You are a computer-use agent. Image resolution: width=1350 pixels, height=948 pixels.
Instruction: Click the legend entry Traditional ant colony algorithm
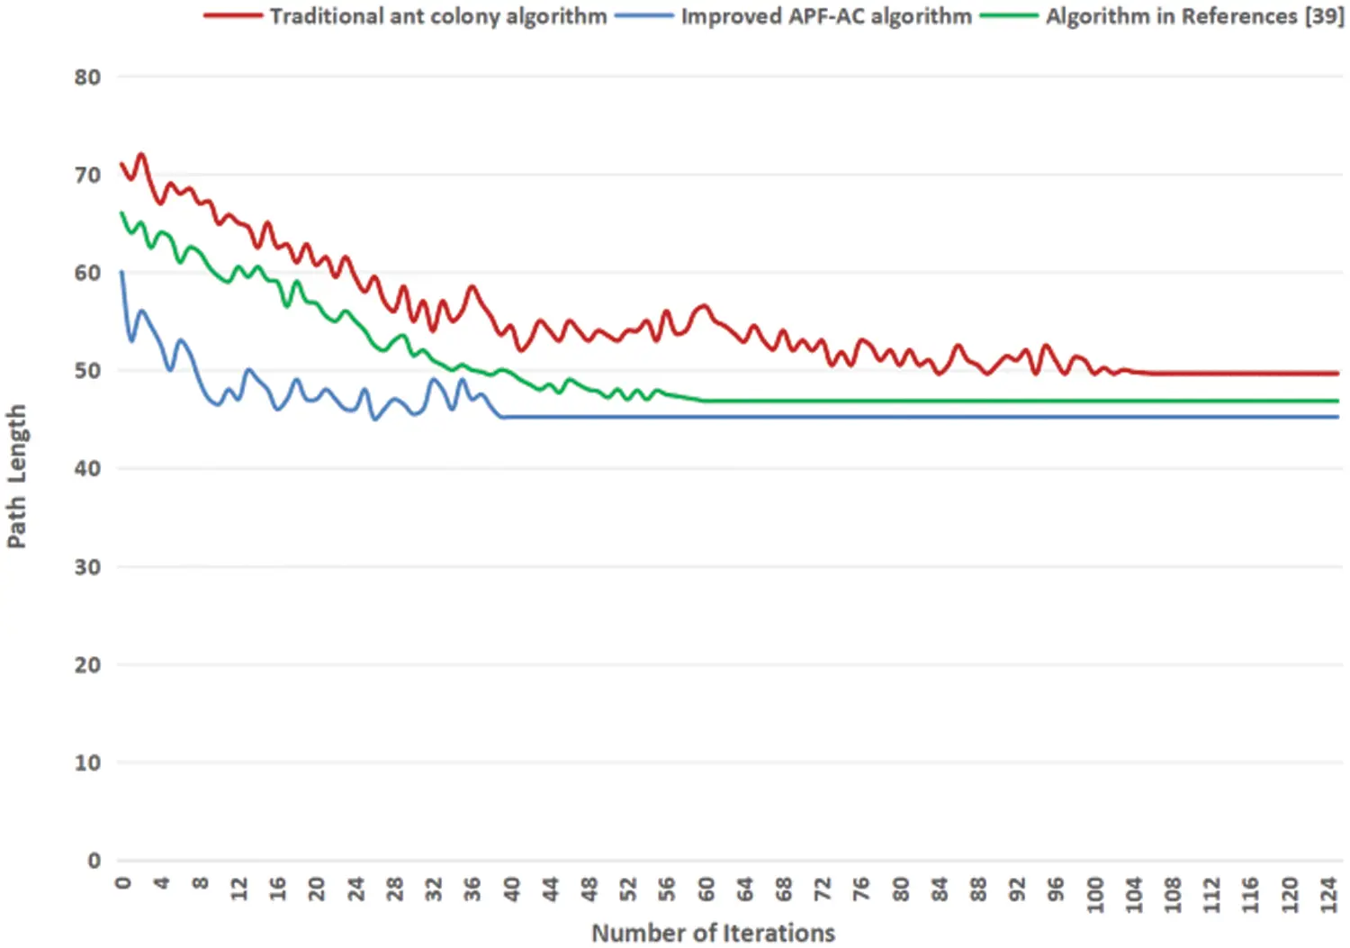[x=437, y=16]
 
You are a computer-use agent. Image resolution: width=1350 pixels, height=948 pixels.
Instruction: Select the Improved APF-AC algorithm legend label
[x=825, y=16]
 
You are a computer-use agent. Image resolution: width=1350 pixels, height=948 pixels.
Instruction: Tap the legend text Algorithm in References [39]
[x=1194, y=16]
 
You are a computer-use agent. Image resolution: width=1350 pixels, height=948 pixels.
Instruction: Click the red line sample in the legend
[x=232, y=16]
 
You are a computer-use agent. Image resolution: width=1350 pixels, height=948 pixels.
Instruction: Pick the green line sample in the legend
[x=1008, y=16]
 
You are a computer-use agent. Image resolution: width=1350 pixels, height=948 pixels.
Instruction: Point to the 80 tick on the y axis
[x=87, y=77]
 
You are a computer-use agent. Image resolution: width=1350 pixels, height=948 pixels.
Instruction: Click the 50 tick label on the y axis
[x=87, y=371]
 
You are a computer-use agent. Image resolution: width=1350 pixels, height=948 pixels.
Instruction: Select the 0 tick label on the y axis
[x=94, y=861]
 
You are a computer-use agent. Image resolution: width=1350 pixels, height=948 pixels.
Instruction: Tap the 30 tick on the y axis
[x=87, y=567]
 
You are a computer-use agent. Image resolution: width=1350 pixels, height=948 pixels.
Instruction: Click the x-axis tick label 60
[x=706, y=889]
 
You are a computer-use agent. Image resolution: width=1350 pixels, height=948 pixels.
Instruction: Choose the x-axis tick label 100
[x=1094, y=895]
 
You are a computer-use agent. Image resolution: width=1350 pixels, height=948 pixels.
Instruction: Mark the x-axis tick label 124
[x=1328, y=895]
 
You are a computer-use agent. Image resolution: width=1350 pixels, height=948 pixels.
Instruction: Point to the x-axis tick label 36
[x=472, y=889]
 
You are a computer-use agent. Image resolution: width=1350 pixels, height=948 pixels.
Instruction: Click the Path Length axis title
[x=16, y=476]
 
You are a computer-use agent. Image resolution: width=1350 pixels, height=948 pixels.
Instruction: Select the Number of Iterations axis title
[x=713, y=934]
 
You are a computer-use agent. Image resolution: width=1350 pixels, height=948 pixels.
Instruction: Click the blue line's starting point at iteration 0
[x=121, y=272]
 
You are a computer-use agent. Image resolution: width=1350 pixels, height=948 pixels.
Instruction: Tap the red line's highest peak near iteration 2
[x=141, y=155]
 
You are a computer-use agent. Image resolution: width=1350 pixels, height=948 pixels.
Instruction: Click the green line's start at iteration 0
[x=121, y=213]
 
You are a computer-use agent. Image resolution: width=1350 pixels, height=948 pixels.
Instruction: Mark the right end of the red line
[x=1337, y=373]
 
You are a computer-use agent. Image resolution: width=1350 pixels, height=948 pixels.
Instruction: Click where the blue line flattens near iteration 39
[x=502, y=417]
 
